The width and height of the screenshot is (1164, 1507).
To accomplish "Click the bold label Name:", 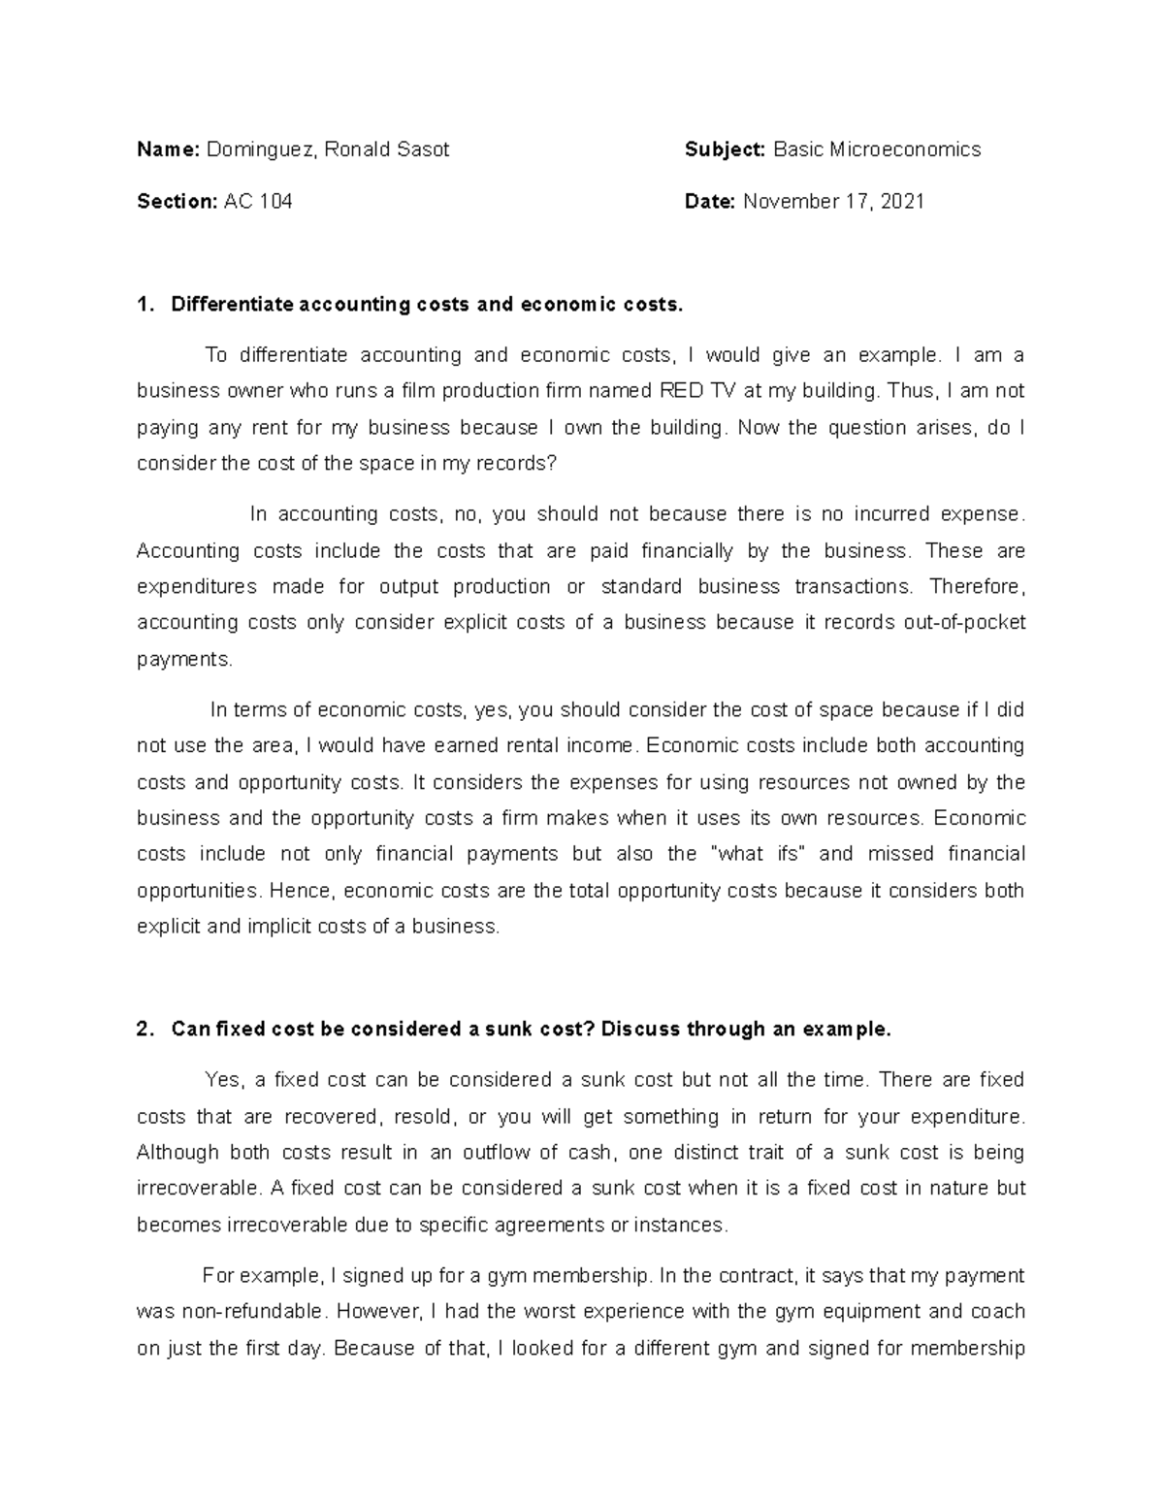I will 168,149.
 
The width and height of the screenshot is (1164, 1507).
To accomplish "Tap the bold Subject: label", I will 725,149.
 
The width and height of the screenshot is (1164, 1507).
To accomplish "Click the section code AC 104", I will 258,202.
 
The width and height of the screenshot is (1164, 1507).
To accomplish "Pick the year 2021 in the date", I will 903,202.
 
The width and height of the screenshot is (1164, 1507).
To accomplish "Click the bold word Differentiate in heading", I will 232,305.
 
